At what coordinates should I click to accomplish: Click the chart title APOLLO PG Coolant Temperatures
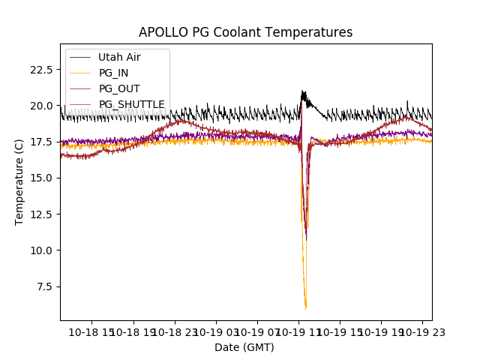click(245, 32)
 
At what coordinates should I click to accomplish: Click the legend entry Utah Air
click(119, 57)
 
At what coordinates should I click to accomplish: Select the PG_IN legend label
click(113, 73)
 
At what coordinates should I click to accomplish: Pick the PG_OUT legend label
click(117, 88)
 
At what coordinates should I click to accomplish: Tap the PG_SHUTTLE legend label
click(131, 104)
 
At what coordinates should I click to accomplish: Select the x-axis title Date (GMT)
click(244, 347)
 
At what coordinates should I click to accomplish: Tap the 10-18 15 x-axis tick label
click(92, 331)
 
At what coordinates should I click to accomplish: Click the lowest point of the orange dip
click(305, 307)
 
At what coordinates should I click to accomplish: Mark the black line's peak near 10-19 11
click(303, 91)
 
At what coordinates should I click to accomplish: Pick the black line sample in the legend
click(80, 57)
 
